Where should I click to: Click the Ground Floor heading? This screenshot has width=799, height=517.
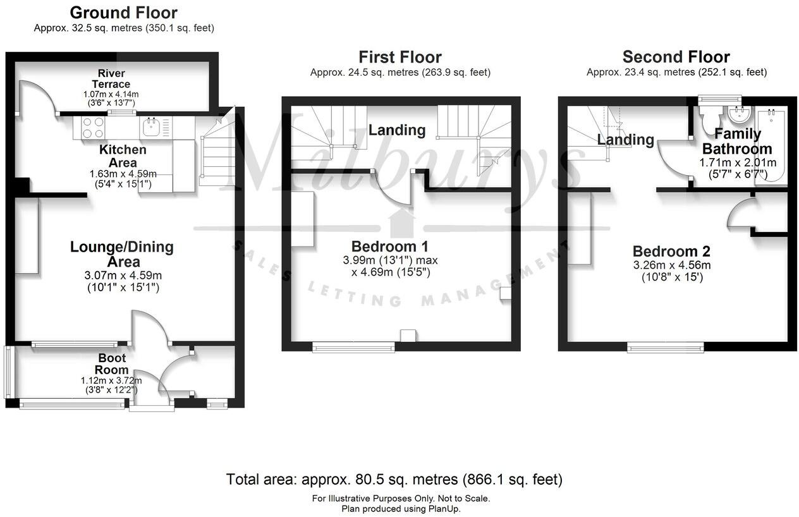[x=123, y=13]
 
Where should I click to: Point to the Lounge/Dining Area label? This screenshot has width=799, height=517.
[x=121, y=254]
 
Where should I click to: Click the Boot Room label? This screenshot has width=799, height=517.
[x=112, y=364]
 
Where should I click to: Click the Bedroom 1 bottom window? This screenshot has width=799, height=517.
[x=353, y=346]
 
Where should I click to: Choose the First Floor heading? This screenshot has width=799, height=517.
[x=399, y=58]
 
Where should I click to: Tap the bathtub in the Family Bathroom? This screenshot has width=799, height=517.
[x=771, y=145]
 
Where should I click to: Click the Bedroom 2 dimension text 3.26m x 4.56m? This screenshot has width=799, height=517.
[x=675, y=265]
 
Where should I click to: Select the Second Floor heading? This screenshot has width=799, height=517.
[x=676, y=57]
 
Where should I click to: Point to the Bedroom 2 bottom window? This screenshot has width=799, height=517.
[x=665, y=346]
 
